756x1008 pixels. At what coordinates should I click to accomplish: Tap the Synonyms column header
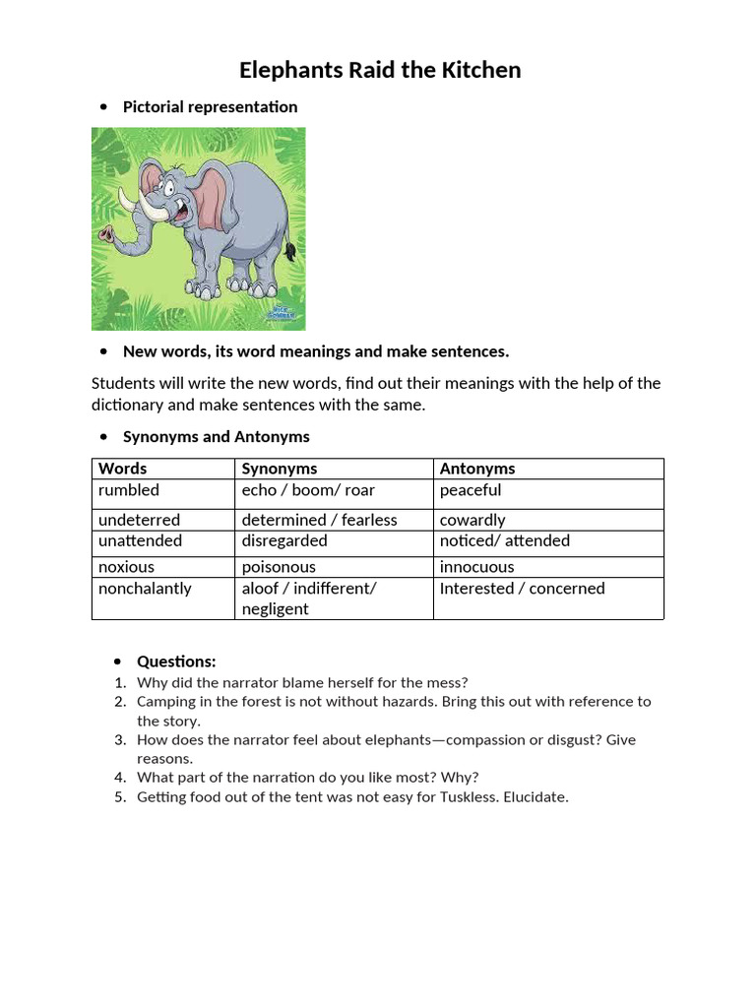(x=280, y=469)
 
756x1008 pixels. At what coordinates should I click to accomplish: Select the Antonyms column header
(x=477, y=469)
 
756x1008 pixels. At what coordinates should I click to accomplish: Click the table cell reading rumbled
(x=129, y=490)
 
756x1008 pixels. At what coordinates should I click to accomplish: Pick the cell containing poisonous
(x=279, y=567)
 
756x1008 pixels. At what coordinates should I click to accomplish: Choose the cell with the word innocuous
(x=477, y=567)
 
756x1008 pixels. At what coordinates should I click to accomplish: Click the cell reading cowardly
(x=472, y=520)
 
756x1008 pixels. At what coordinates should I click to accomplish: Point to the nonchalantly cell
(x=145, y=589)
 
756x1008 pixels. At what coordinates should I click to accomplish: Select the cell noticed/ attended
(x=505, y=540)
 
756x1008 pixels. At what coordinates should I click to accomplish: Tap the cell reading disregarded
(x=284, y=540)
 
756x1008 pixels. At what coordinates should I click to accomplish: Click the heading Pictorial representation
(x=210, y=106)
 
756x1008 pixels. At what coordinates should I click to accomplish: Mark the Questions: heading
(x=176, y=661)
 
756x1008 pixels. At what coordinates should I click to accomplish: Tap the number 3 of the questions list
(x=119, y=740)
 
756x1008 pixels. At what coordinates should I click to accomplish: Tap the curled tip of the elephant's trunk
(x=106, y=234)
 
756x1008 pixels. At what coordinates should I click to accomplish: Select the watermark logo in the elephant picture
(x=283, y=314)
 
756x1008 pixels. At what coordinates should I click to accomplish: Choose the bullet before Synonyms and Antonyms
(x=103, y=437)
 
